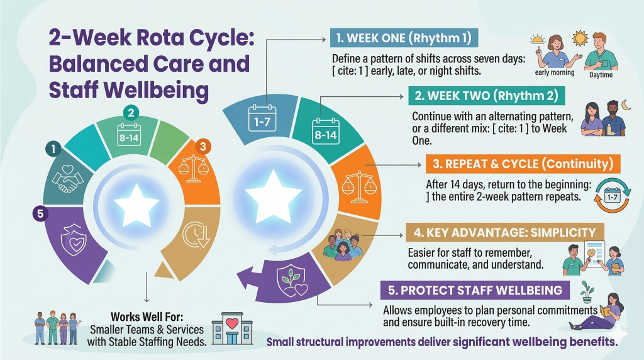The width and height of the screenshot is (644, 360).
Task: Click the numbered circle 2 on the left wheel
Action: point(131,113)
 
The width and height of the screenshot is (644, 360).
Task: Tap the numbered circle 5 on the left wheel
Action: point(40,214)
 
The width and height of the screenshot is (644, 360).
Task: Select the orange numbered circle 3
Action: point(203,146)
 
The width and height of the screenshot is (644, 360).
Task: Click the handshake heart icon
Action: point(68,178)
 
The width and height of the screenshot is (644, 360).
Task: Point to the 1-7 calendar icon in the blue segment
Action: point(262,118)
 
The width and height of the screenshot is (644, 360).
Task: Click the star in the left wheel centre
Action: point(136,205)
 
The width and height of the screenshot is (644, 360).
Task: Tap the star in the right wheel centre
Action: point(274,196)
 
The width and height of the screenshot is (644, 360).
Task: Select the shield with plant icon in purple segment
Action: point(292,280)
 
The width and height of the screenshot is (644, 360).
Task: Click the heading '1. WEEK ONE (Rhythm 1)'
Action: point(404,38)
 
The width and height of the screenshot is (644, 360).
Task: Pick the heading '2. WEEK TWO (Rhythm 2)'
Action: point(487,96)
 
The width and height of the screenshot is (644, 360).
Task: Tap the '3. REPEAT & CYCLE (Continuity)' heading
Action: point(523,164)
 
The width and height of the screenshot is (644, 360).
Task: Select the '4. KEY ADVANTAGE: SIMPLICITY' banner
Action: point(505,233)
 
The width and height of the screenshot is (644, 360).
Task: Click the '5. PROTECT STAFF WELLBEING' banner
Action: point(475,290)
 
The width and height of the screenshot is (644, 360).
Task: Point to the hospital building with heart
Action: point(232,329)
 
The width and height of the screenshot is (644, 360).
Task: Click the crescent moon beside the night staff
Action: point(626,105)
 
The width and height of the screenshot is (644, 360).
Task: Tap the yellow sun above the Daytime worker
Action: point(580,38)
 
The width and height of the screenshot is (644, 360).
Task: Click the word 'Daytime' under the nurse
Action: point(601,75)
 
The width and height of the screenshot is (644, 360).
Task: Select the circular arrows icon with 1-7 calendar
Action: point(612,196)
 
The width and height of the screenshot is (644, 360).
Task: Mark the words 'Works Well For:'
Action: point(147,317)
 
